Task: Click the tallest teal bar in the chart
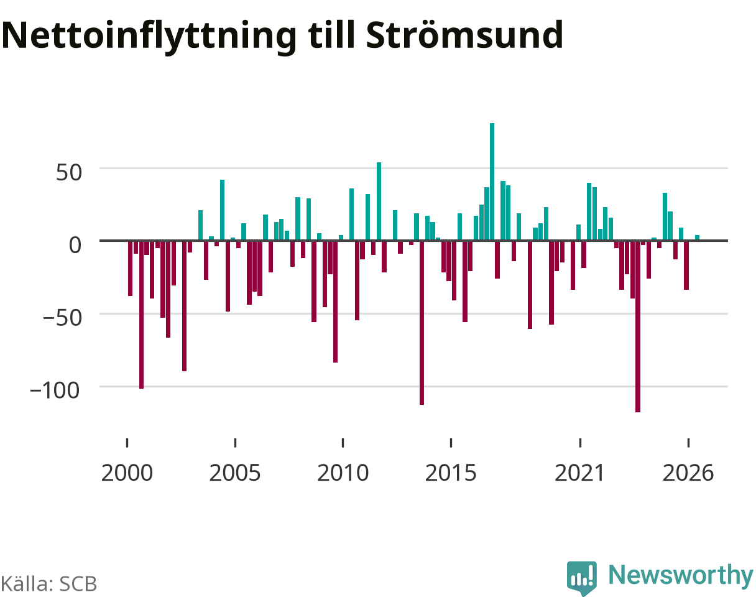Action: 492,182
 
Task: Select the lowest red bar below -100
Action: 638,326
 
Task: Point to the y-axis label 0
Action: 75,245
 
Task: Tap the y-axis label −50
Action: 63,318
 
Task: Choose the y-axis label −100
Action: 55,391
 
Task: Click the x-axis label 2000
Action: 127,473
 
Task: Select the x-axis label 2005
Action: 235,473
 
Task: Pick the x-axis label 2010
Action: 343,473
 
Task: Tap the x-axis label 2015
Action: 451,473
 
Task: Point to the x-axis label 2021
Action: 579,473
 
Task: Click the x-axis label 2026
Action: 688,473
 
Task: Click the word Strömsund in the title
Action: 464,35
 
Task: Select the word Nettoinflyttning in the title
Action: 149,37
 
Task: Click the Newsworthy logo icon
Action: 582,577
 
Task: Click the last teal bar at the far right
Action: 697,238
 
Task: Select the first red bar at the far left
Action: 130,269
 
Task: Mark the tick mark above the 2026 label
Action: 688,443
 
